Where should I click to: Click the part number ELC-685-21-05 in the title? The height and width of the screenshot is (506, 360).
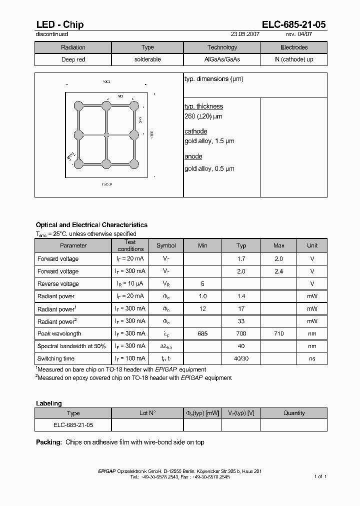[x=294, y=24]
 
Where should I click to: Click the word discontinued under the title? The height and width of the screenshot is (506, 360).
[x=52, y=34]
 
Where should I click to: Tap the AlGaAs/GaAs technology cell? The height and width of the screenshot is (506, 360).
[x=222, y=59]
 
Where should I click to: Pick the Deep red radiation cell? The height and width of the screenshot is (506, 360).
[x=73, y=59]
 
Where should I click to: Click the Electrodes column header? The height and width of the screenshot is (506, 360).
[x=294, y=47]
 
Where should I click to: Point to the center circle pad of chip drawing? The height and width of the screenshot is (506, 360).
[x=106, y=134]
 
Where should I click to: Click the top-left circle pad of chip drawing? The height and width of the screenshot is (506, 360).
[x=78, y=105]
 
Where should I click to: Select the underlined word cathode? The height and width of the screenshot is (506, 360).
[x=195, y=131]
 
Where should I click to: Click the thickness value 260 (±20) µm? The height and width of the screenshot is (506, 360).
[x=203, y=116]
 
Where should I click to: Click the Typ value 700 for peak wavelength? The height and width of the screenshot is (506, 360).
[x=241, y=333]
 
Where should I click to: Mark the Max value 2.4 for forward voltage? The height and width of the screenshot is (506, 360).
[x=279, y=271]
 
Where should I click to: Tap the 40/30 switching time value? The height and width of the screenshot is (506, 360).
[x=241, y=358]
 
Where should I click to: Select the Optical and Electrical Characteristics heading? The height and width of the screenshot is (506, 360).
[x=91, y=225]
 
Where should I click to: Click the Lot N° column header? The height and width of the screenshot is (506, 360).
[x=147, y=413]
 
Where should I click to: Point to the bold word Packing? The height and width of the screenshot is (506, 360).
[x=49, y=442]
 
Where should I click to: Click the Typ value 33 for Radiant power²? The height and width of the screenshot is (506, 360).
[x=241, y=321]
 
